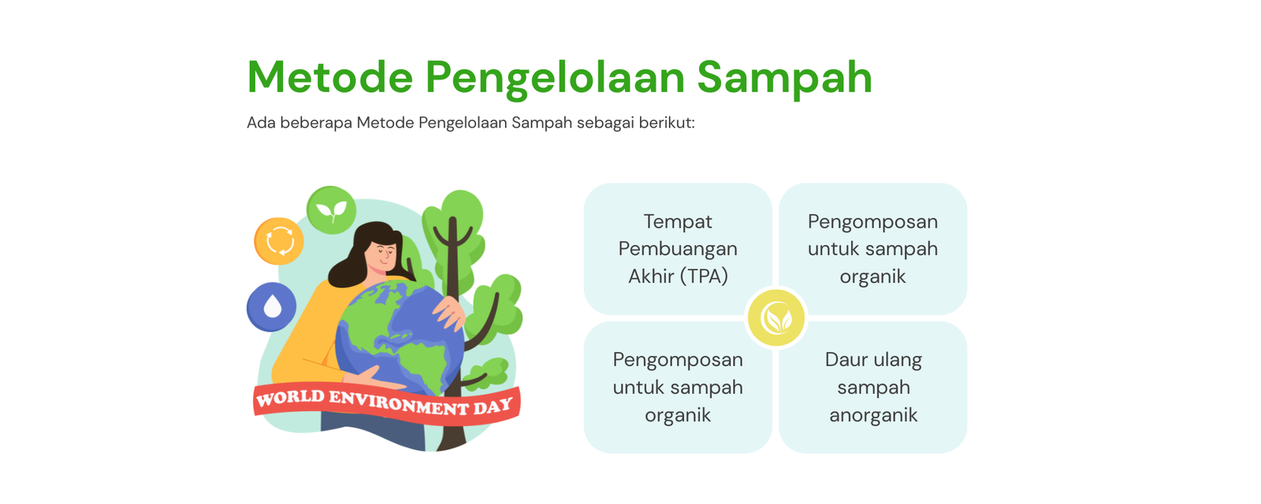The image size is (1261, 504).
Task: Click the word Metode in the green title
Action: click(330, 77)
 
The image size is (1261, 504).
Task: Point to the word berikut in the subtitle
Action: click(667, 123)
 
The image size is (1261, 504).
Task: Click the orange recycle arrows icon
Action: click(279, 241)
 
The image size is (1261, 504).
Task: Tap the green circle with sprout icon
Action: click(331, 209)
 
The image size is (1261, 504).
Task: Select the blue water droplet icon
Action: click(271, 306)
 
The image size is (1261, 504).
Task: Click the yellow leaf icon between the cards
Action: click(776, 318)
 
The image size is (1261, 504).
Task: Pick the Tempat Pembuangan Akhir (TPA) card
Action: click(678, 249)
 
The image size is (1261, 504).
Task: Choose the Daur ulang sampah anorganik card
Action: click(873, 387)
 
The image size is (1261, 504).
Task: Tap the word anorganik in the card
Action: click(873, 415)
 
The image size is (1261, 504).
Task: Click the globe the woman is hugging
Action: click(400, 338)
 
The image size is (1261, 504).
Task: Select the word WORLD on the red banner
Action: click(291, 398)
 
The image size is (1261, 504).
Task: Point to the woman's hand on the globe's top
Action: click(449, 312)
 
